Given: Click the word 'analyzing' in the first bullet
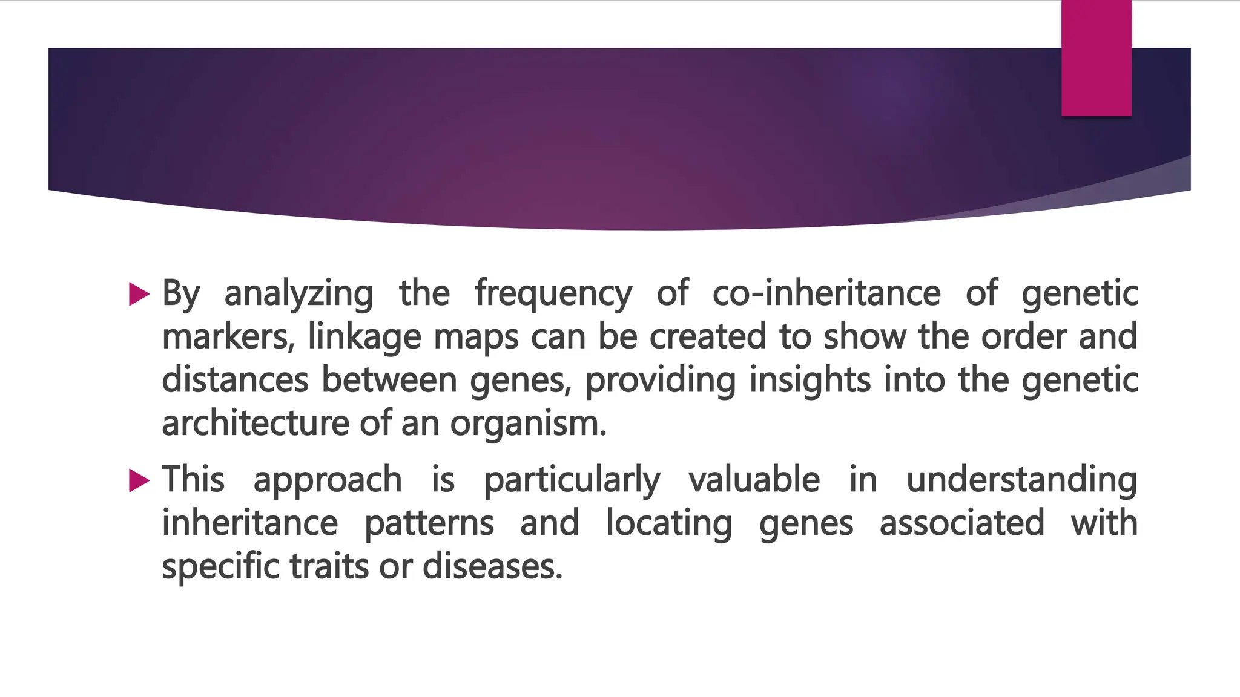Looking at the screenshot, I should tap(298, 294).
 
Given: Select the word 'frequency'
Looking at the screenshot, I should tap(553, 294).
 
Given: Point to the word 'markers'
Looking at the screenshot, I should tap(228, 337).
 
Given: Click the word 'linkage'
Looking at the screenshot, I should tap(364, 337).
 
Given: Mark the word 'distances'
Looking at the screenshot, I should tap(235, 380).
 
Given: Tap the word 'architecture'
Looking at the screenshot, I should tap(256, 423).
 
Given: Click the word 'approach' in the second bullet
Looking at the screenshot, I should tap(328, 481).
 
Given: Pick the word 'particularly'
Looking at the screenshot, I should tap(572, 481).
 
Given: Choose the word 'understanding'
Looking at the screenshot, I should tap(1021, 480).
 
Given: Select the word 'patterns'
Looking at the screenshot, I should tap(429, 523).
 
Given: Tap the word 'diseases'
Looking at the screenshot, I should tap(492, 567).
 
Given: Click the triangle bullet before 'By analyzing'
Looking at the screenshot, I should tap(139, 295).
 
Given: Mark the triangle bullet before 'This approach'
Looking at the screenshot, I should tap(139, 481).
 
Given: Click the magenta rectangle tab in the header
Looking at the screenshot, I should tap(1096, 58).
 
